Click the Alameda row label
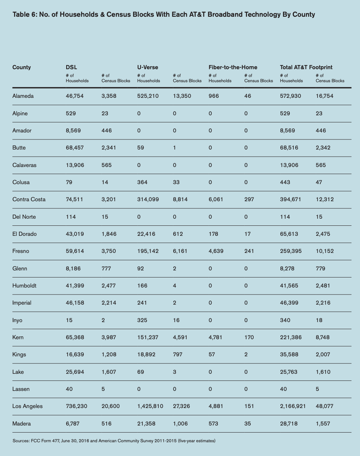23,96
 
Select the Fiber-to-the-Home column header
233,67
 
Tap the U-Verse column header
148,67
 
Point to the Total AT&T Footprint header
306,67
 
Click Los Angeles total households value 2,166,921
293,406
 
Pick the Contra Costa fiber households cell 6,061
216,199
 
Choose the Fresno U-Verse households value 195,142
148,251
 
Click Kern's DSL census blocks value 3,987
109,337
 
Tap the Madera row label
22,424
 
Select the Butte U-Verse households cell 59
141,148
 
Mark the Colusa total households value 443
285,182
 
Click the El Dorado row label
25,234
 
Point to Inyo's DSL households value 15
69,320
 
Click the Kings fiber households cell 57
212,354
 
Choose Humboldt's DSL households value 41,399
75,286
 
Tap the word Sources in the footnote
21,441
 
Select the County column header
22,67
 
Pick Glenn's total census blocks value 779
320,269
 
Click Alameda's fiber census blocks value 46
248,96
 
